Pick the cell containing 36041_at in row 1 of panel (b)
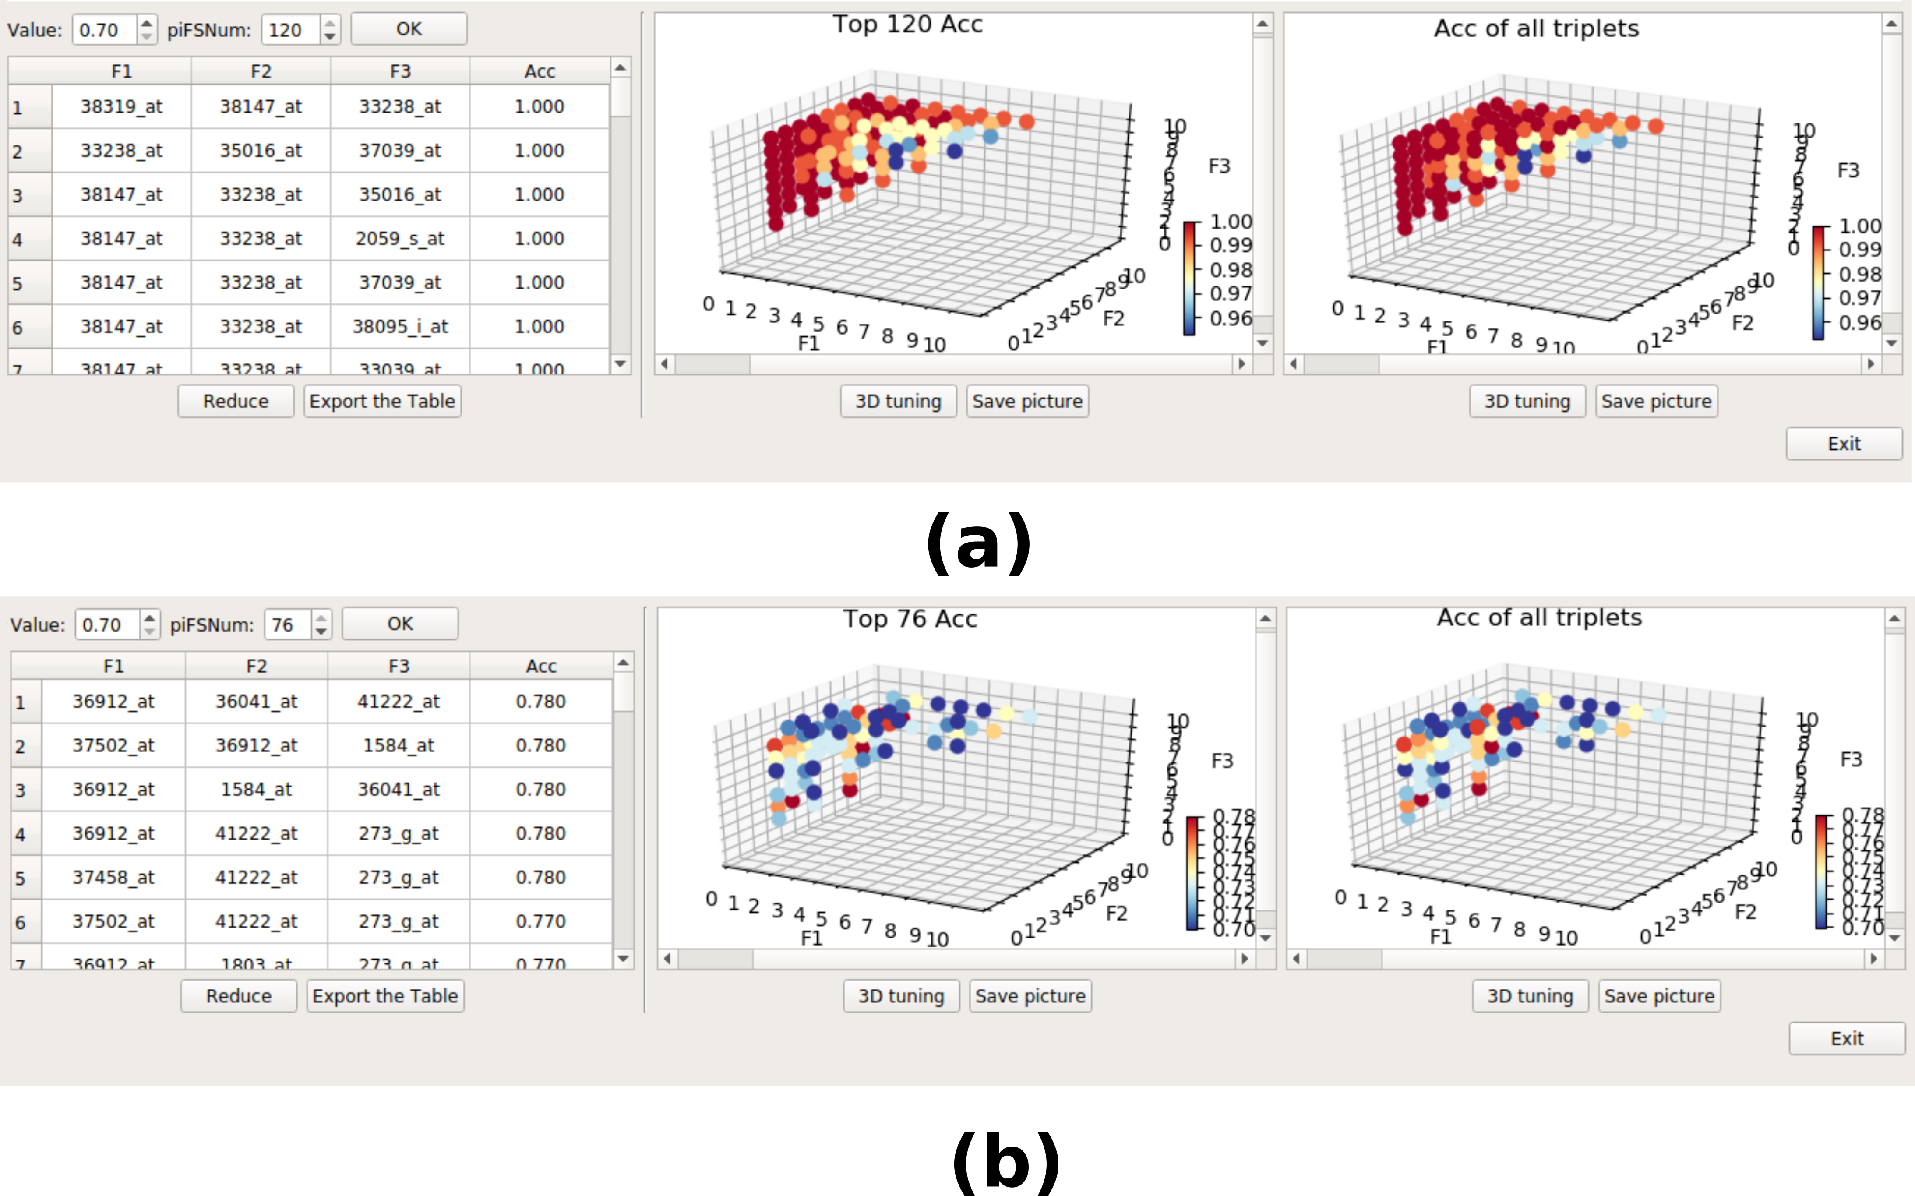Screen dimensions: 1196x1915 (x=256, y=702)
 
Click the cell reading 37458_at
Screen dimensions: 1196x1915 (x=113, y=877)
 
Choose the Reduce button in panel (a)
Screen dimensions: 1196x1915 (x=236, y=401)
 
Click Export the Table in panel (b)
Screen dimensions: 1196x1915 (x=385, y=996)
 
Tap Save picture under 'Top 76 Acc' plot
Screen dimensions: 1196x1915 (x=1030, y=996)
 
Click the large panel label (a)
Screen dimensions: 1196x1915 (x=978, y=543)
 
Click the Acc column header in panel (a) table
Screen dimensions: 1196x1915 (x=540, y=71)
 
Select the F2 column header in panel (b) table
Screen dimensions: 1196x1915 (x=256, y=666)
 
